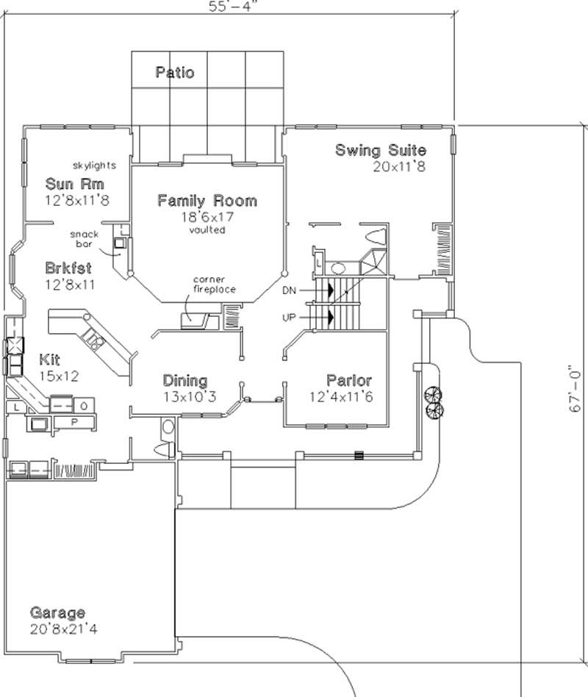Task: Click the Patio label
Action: coord(175,72)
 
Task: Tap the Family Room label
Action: coord(207,200)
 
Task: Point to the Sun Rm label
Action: coord(74,184)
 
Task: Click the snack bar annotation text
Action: coord(85,238)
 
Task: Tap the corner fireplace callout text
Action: coord(214,285)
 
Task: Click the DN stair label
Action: coord(290,290)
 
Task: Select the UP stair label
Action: coord(290,318)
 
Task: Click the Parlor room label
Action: coord(349,381)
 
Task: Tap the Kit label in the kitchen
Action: coord(50,360)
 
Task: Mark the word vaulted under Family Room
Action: coord(207,229)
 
